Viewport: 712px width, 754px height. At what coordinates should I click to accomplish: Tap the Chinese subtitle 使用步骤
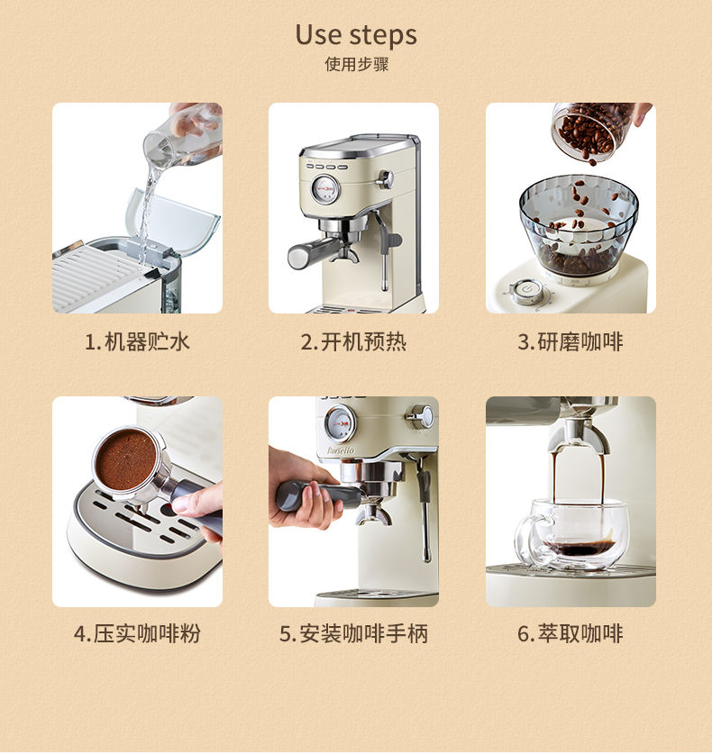coord(356,64)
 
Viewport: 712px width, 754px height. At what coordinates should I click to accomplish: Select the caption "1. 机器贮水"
coord(137,342)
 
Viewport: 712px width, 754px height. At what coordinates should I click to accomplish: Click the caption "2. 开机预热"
coord(353,342)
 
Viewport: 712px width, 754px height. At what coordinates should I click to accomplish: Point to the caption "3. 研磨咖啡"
coord(571,342)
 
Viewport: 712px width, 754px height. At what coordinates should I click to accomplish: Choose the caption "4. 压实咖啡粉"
coord(137,633)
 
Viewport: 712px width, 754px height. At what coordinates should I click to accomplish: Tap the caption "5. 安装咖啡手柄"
coord(353,633)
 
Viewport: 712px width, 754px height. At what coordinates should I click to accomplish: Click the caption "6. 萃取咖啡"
coord(571,633)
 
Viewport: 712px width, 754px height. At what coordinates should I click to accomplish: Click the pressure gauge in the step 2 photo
coord(324,188)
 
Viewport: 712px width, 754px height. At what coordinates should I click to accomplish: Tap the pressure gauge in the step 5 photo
coord(340,423)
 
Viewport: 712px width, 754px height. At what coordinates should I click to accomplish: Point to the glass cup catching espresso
coord(571,535)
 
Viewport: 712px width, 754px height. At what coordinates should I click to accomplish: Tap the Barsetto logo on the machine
coord(341,450)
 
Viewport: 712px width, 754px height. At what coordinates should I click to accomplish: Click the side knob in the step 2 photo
coord(386,179)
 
